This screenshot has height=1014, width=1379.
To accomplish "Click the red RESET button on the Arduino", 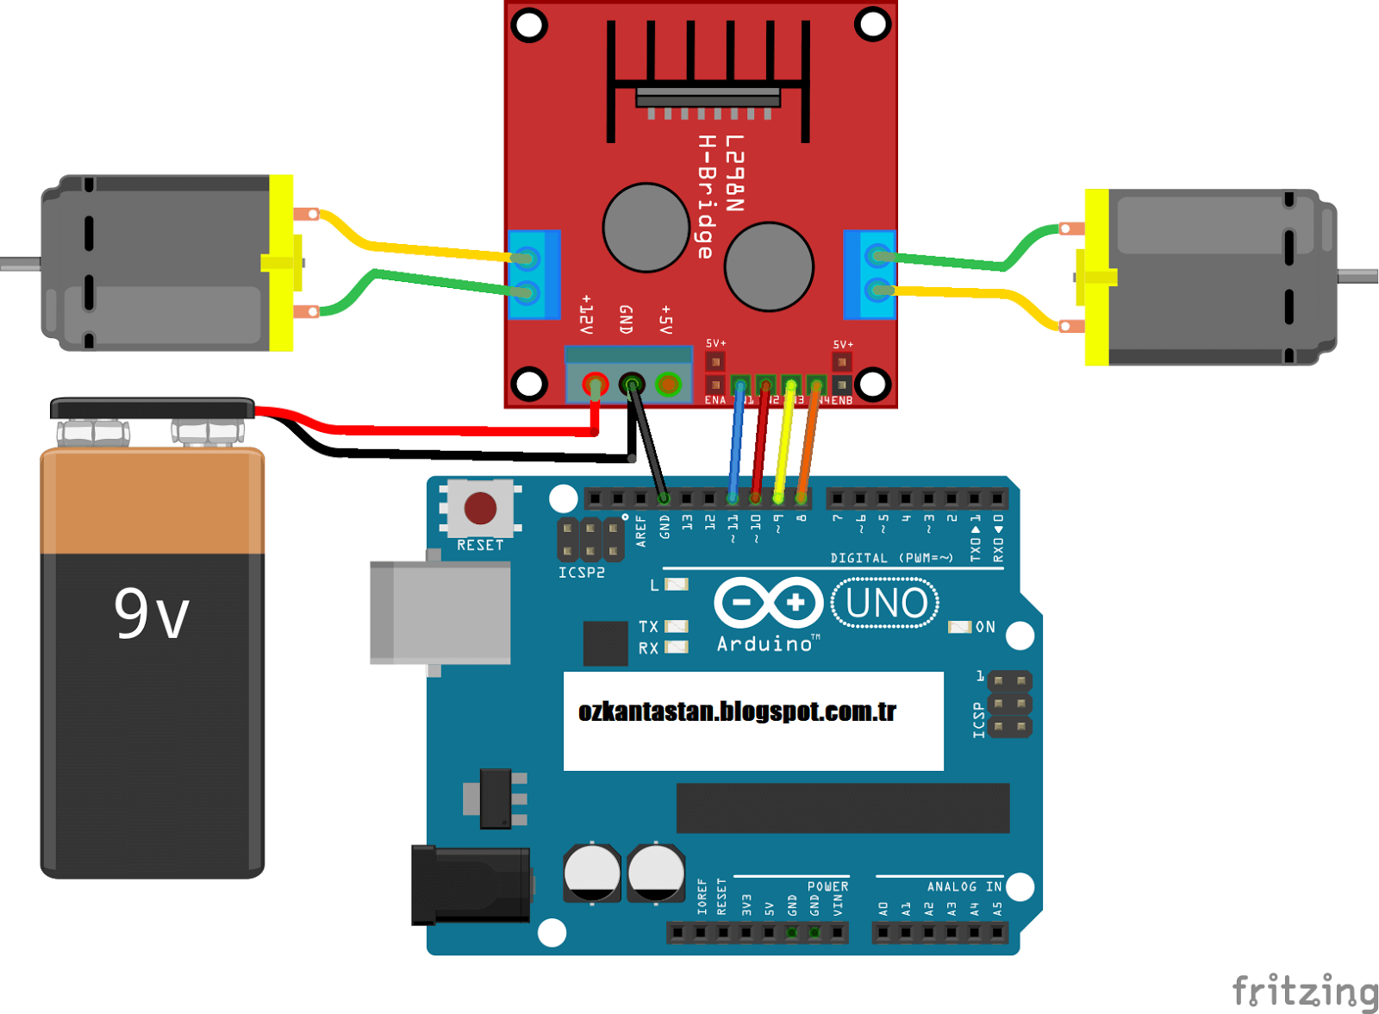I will [480, 508].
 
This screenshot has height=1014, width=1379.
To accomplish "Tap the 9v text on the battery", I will [152, 614].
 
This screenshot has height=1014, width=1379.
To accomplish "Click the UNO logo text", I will [886, 604].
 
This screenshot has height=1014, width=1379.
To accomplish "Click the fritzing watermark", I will [1304, 991].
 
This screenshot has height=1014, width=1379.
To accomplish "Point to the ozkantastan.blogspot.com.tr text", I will [737, 712].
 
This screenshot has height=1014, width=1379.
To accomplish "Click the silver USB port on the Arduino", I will [440, 612].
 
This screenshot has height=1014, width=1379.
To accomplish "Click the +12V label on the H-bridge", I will [586, 315].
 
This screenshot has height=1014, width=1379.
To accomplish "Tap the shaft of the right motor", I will [1357, 276].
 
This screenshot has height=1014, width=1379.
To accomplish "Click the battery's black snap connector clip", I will [153, 408].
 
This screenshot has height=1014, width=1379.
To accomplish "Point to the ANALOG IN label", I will [964, 886].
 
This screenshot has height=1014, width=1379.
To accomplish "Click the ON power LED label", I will [985, 627].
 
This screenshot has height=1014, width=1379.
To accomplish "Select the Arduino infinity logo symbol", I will [768, 603].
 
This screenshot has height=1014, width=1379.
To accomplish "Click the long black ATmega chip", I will [842, 808].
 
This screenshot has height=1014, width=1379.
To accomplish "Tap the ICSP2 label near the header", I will [581, 573].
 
